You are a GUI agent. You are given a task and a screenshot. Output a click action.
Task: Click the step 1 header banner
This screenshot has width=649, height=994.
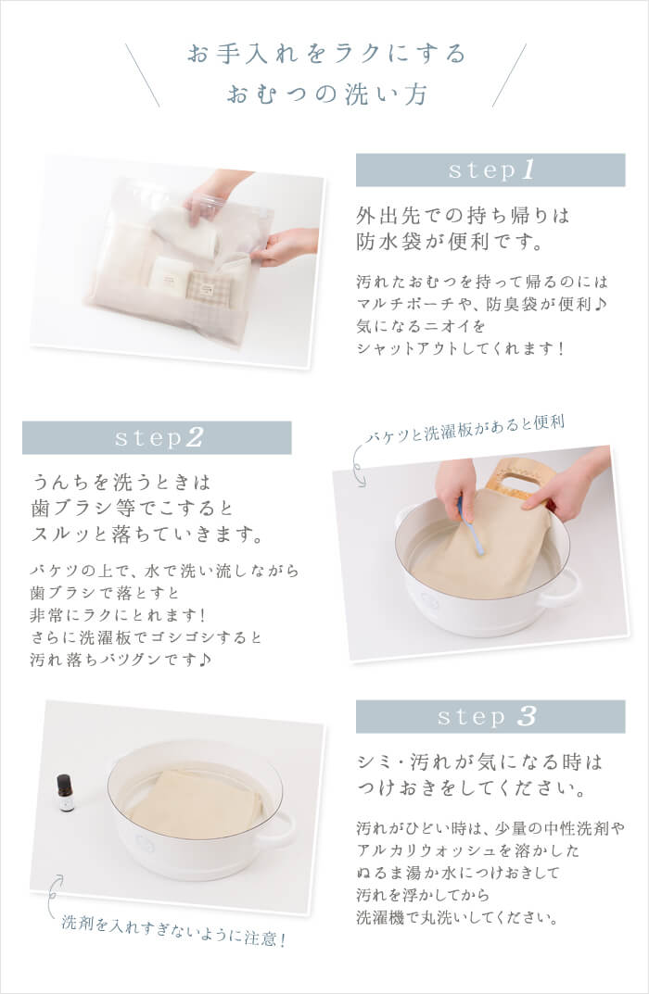coord(490,170)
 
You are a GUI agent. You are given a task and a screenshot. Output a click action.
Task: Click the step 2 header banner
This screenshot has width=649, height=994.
coord(157,437)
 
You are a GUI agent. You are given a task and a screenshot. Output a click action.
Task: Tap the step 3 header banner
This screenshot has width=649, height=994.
coord(490,716)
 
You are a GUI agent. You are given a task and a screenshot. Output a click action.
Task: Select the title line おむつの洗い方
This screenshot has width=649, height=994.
coord(325,95)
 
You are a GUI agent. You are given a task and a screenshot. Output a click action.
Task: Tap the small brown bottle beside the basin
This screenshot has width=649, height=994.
coord(66,793)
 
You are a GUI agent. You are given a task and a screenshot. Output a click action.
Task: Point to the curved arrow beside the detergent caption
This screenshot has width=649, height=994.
coord(55,891)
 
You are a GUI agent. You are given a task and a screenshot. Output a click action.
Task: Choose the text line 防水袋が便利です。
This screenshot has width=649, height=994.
coord(448,243)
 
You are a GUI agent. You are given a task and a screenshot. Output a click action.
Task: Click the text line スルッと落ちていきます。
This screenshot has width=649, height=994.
coord(147,536)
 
